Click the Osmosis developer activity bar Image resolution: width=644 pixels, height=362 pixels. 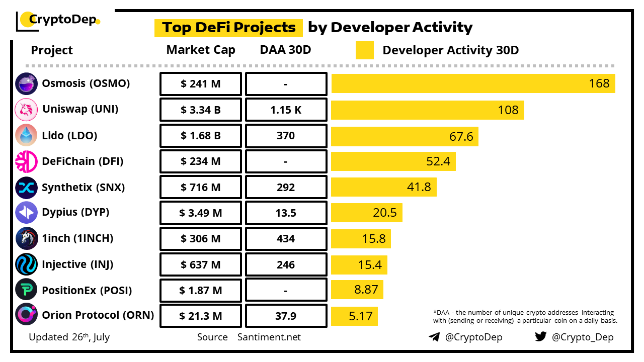(473, 83)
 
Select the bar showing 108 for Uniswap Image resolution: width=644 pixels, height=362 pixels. (427, 110)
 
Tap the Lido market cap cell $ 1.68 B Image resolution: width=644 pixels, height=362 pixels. (200, 136)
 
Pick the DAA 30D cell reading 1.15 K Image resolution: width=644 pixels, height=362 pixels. (286, 110)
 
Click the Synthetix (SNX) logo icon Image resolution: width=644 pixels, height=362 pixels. (26, 188)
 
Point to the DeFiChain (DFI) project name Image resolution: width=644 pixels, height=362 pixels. (83, 161)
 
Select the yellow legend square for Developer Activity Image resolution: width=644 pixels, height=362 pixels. (364, 50)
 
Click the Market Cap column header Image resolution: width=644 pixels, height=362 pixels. (201, 50)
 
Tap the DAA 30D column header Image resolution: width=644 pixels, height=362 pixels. (286, 50)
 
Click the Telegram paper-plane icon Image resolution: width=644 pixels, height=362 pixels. (434, 337)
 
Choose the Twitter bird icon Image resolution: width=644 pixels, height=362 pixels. (541, 336)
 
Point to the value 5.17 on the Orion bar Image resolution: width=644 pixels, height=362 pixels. (361, 316)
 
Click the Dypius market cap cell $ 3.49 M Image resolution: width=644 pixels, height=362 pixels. (200, 213)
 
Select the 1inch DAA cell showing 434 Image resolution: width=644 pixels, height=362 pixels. (286, 239)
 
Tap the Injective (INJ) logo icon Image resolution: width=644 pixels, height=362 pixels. (26, 264)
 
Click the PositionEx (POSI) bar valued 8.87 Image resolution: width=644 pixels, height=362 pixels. (357, 290)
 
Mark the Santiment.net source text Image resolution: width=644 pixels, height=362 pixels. (269, 337)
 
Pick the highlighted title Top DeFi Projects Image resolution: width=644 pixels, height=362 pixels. (228, 28)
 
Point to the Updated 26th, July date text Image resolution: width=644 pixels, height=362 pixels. (69, 337)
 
